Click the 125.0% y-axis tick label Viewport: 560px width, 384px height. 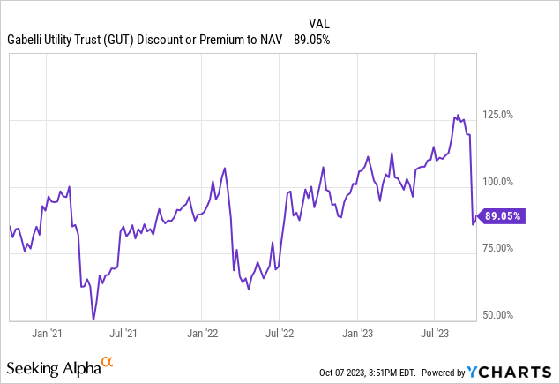click(504, 115)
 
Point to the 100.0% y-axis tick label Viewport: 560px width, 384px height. click(504, 182)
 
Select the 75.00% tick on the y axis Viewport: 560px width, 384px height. click(504, 248)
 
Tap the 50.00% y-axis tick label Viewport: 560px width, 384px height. click(504, 315)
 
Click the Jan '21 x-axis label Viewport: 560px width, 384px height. click(46, 334)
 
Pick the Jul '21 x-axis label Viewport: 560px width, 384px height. click(123, 334)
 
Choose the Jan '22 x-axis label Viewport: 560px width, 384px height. click(202, 334)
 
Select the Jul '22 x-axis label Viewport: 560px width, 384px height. click(280, 334)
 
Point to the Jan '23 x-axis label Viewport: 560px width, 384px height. click(358, 334)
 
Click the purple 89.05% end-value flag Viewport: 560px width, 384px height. click(504, 215)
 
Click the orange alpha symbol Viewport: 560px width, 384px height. click(108, 362)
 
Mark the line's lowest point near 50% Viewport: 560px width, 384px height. click(93, 319)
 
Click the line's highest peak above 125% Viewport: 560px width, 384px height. click(456, 116)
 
